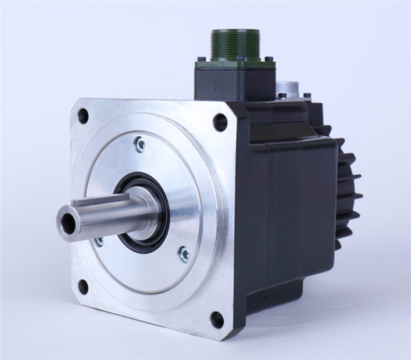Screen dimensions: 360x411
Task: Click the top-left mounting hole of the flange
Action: point(83,116)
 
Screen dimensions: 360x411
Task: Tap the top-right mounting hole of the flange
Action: point(220,121)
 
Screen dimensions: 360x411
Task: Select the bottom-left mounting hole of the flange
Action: point(83,286)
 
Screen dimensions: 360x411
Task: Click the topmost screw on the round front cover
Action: point(139,144)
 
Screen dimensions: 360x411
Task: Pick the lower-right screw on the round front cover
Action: point(184,254)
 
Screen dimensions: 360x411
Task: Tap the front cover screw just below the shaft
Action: point(99,241)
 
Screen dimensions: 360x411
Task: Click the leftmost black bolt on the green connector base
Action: point(202,59)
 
